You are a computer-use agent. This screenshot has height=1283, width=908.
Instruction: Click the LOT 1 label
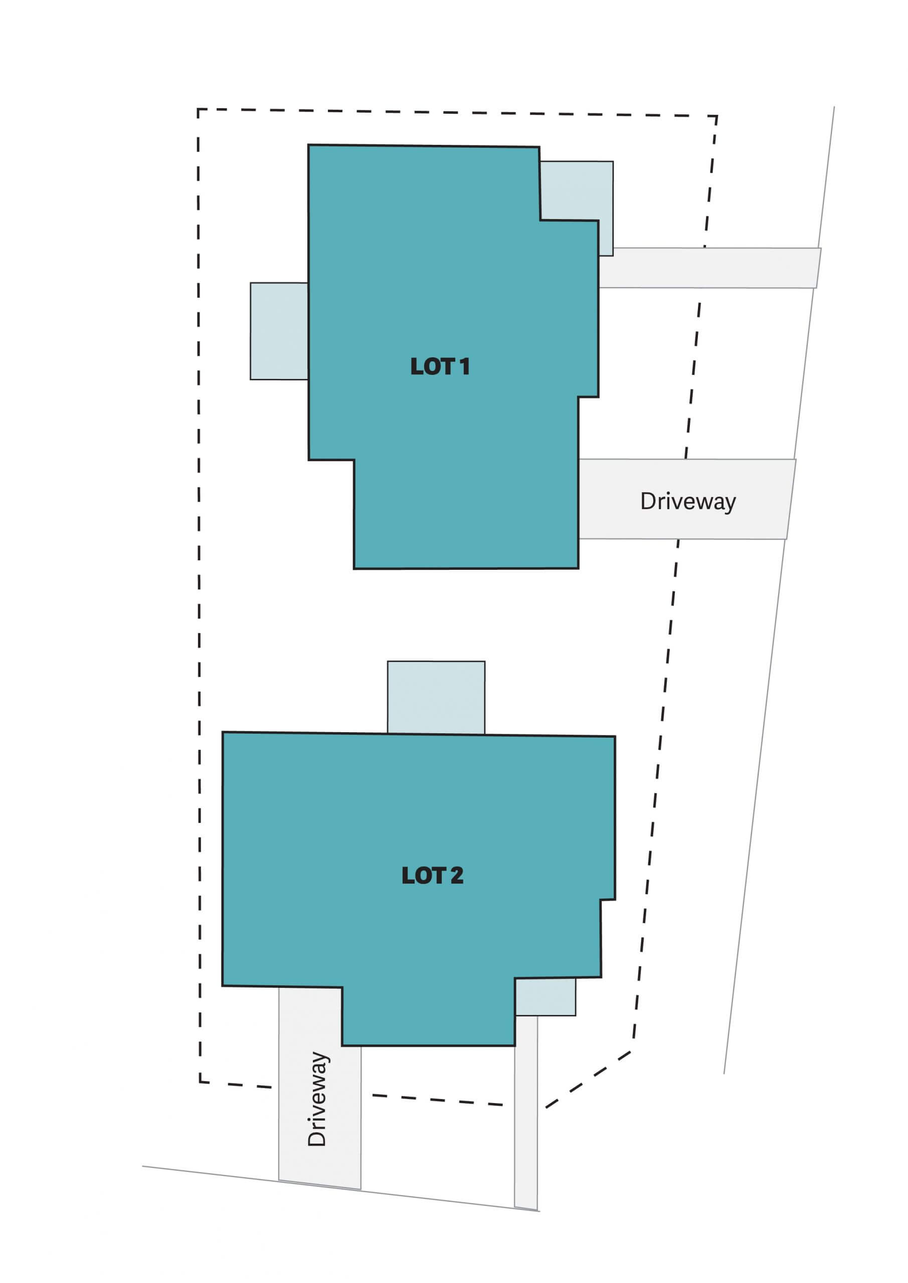[440, 366]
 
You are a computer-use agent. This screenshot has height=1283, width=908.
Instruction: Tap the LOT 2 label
[432, 876]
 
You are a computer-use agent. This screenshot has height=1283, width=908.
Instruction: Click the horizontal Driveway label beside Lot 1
[688, 502]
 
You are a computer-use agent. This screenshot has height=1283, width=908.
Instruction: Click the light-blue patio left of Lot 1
[279, 331]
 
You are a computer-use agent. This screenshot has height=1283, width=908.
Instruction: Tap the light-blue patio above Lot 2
[436, 697]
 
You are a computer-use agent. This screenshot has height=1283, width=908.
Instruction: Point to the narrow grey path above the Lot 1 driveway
[709, 268]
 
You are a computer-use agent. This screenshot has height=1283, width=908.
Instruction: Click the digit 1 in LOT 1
[464, 366]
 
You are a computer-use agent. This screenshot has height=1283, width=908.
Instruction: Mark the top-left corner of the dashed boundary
[198, 110]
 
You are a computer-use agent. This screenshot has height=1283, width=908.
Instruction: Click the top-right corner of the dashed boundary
[717, 116]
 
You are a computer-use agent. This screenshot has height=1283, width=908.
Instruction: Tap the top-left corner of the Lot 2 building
[223, 732]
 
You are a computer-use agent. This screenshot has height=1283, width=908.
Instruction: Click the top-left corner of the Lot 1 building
[309, 145]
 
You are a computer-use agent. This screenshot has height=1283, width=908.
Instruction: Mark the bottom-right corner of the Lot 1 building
[578, 568]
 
